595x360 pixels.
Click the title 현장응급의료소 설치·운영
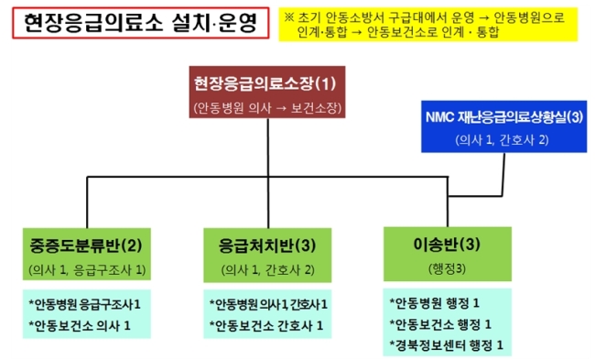(x=140, y=23)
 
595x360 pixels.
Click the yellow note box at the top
(x=428, y=25)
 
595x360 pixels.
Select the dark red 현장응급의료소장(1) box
(x=267, y=92)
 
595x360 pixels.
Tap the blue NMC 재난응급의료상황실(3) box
(x=504, y=126)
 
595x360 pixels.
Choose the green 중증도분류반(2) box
(x=87, y=254)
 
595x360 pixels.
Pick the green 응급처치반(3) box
(x=267, y=256)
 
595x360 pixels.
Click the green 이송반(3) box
(x=448, y=254)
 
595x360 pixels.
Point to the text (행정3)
(x=447, y=269)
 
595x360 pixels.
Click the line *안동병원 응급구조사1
(x=84, y=304)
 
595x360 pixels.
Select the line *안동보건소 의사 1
(x=80, y=325)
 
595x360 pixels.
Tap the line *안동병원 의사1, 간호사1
(x=268, y=304)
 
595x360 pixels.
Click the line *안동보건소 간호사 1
(x=266, y=325)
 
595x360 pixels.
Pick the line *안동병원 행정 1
(x=435, y=303)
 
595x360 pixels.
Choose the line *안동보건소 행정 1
(x=440, y=324)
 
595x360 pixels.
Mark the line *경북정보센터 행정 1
(x=447, y=345)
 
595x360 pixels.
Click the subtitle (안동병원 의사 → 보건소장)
(x=267, y=108)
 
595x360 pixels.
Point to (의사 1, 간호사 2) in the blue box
(x=502, y=140)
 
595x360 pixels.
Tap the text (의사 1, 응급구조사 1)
(x=87, y=269)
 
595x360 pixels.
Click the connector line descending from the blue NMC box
(x=503, y=175)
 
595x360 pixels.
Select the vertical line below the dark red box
(x=268, y=173)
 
